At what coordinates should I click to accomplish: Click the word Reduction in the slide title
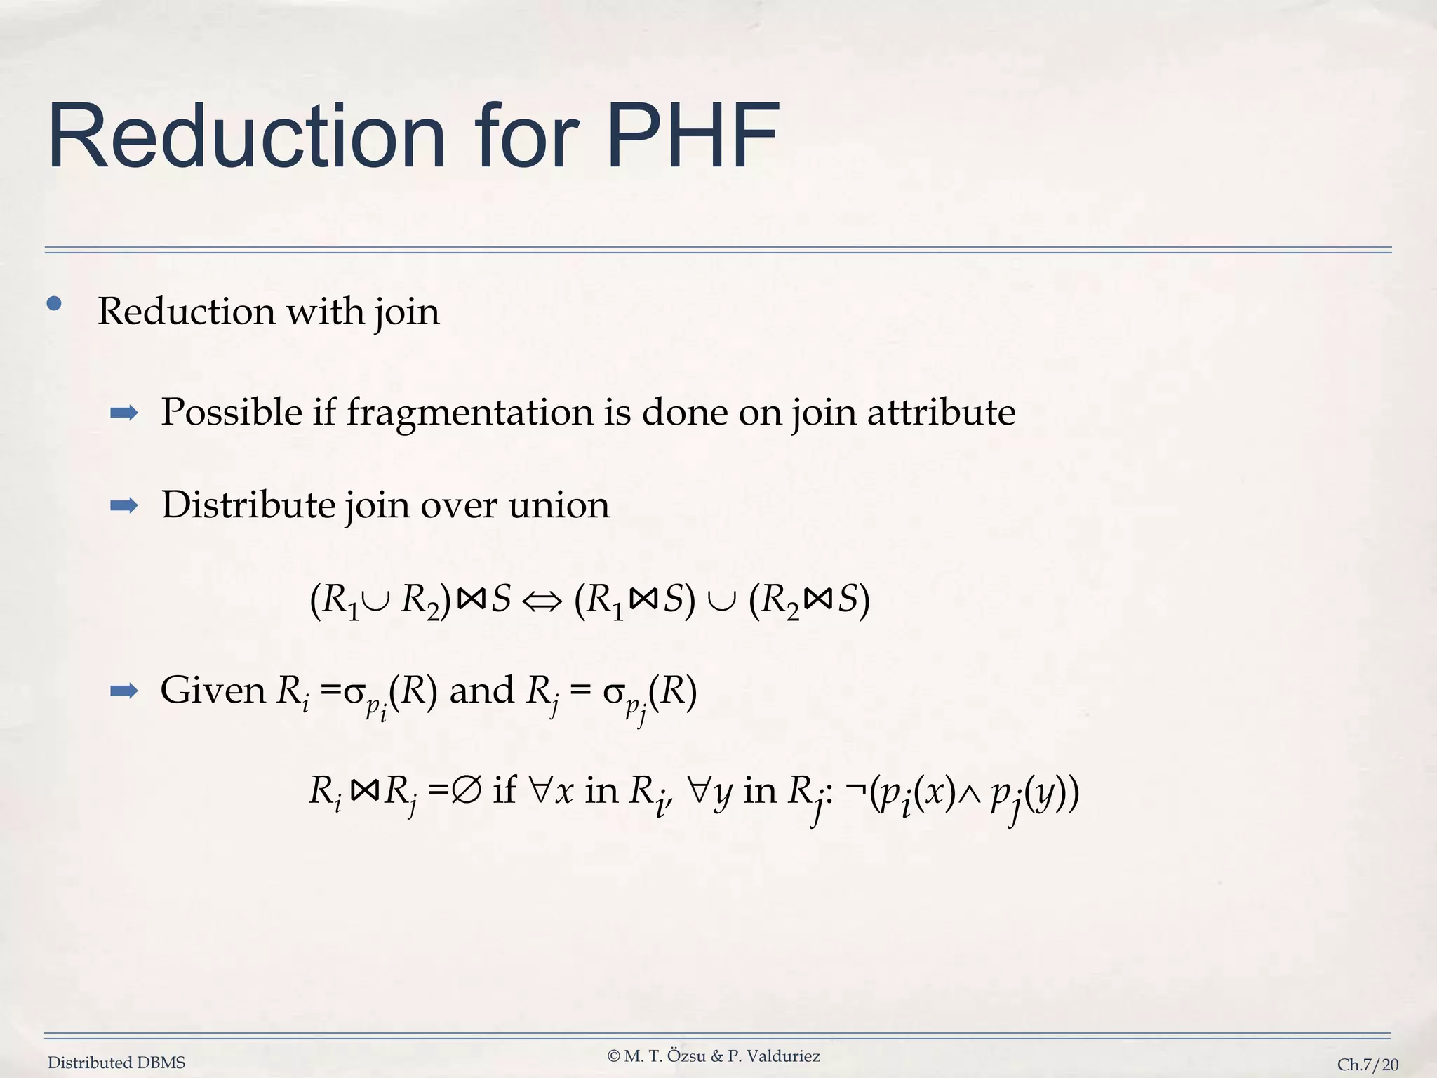246,136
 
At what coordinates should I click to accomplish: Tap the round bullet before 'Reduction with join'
54,305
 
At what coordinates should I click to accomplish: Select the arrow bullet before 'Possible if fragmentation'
124,413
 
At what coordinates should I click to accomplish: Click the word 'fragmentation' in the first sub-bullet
470,412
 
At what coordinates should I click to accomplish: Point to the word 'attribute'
941,412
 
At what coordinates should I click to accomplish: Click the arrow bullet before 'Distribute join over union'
124,506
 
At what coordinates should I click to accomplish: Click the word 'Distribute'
248,505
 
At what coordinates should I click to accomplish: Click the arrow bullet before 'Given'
124,691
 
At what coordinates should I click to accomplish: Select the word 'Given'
213,691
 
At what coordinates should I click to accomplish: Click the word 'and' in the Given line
481,691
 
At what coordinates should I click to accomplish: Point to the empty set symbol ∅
467,792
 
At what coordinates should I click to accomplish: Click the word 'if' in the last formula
504,791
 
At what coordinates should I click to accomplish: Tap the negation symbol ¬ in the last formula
855,792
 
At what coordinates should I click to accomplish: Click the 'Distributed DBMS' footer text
116,1063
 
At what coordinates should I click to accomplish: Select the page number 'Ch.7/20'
1368,1065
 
